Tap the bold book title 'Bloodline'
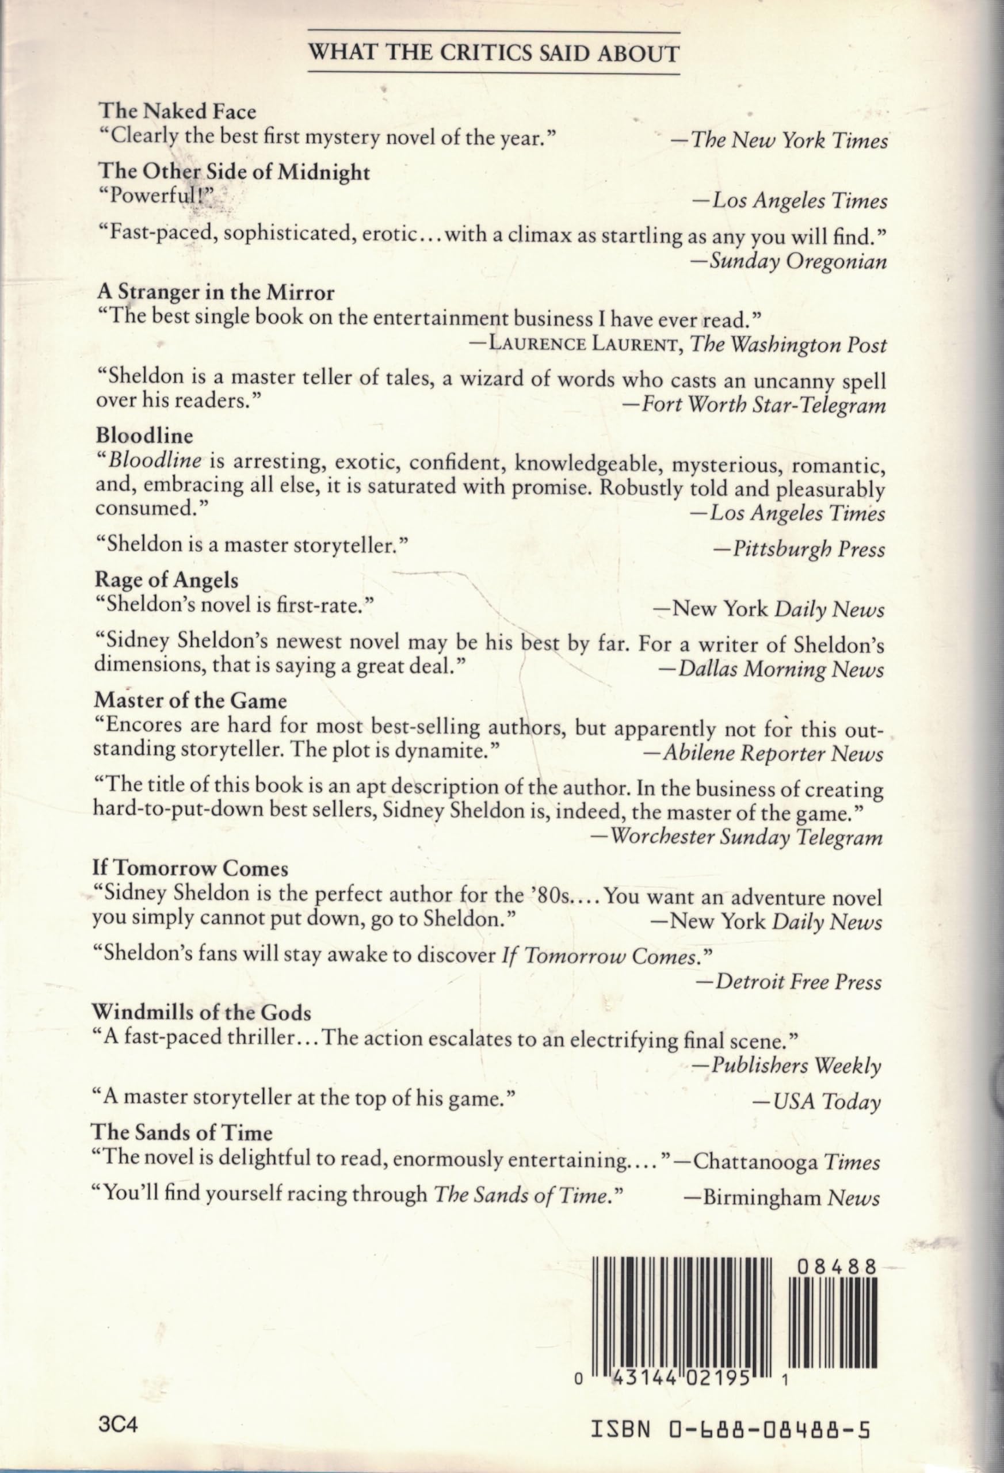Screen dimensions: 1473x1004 click(144, 436)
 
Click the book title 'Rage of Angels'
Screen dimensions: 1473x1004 click(167, 580)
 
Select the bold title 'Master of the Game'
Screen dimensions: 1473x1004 click(191, 700)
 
